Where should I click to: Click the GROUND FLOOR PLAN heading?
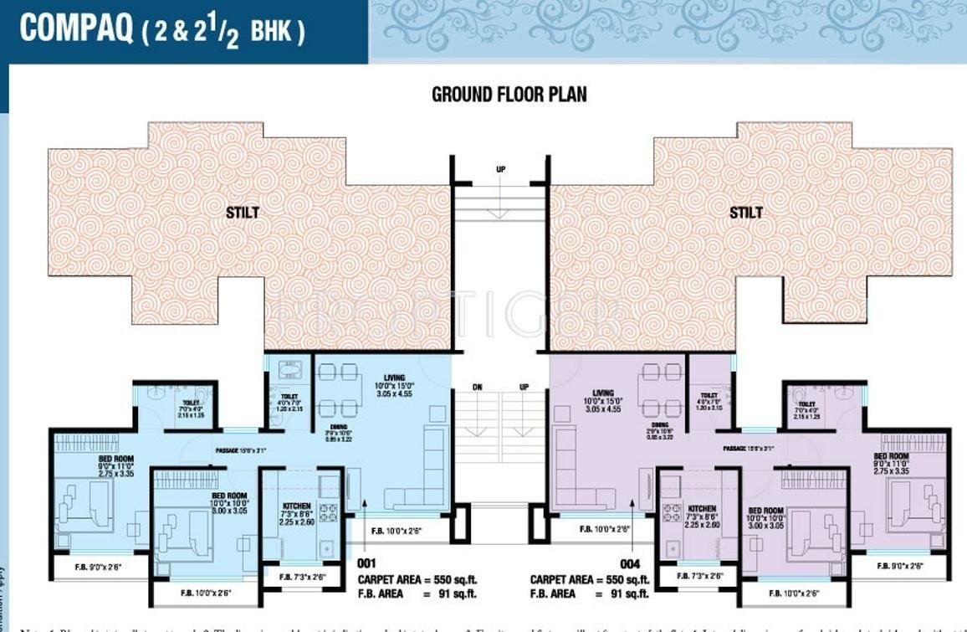(509, 94)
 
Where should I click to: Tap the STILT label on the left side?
(242, 213)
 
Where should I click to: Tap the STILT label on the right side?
(745, 213)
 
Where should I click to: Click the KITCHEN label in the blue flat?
(297, 506)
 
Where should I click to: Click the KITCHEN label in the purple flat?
(702, 509)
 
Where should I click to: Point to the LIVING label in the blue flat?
(394, 378)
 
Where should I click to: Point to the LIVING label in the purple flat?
(602, 393)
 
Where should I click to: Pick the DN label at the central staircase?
(477, 388)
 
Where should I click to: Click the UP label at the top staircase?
(500, 170)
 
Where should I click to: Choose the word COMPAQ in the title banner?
(76, 29)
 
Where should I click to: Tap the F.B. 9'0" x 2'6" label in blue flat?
(99, 567)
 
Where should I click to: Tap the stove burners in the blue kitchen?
(327, 512)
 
